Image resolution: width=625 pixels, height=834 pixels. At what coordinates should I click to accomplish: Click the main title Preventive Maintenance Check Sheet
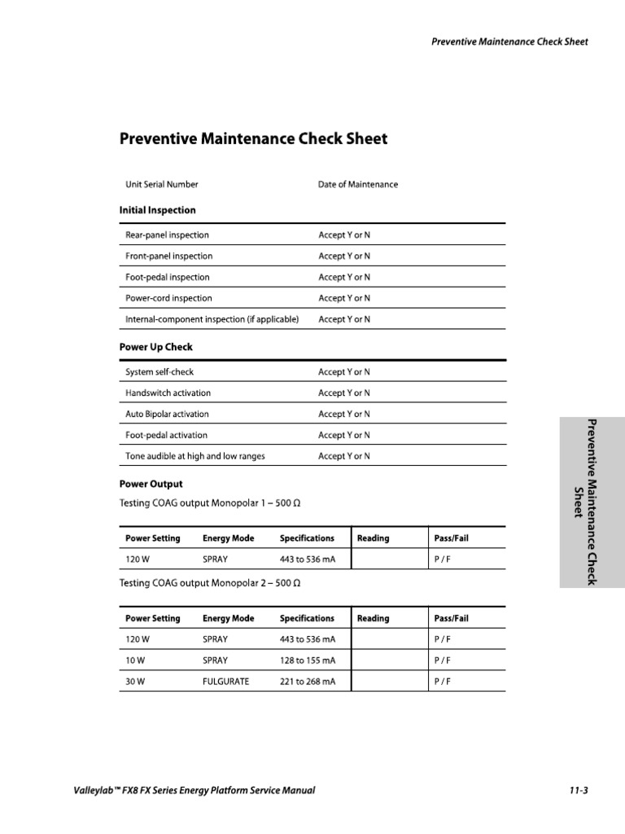tap(253, 139)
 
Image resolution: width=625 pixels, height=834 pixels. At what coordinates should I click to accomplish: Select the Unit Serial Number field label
tap(161, 185)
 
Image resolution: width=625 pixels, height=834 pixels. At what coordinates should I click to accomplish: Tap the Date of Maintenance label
tap(357, 185)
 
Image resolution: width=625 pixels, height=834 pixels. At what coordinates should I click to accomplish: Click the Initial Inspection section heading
tap(157, 210)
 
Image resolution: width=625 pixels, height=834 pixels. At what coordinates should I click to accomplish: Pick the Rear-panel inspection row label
tap(167, 235)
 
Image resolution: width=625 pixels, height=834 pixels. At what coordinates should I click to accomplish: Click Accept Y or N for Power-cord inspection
tap(343, 299)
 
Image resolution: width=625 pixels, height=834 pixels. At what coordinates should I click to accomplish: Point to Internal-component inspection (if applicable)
tap(212, 320)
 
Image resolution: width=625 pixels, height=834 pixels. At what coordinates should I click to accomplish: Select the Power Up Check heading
tap(155, 347)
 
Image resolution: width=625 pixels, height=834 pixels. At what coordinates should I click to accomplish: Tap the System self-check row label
tap(160, 372)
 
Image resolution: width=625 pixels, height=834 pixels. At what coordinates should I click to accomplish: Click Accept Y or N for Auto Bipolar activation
tap(343, 415)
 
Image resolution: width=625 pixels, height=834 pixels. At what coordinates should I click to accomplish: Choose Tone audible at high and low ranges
tap(194, 457)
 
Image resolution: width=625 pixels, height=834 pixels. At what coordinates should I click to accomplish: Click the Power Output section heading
tap(151, 484)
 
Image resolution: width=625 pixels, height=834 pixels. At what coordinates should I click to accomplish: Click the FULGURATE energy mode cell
tap(225, 682)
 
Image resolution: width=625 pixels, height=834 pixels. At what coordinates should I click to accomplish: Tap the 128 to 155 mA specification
tap(307, 661)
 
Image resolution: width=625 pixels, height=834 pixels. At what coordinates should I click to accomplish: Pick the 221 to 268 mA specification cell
tap(307, 682)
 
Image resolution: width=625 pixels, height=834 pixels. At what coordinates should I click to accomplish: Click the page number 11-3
tap(579, 791)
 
